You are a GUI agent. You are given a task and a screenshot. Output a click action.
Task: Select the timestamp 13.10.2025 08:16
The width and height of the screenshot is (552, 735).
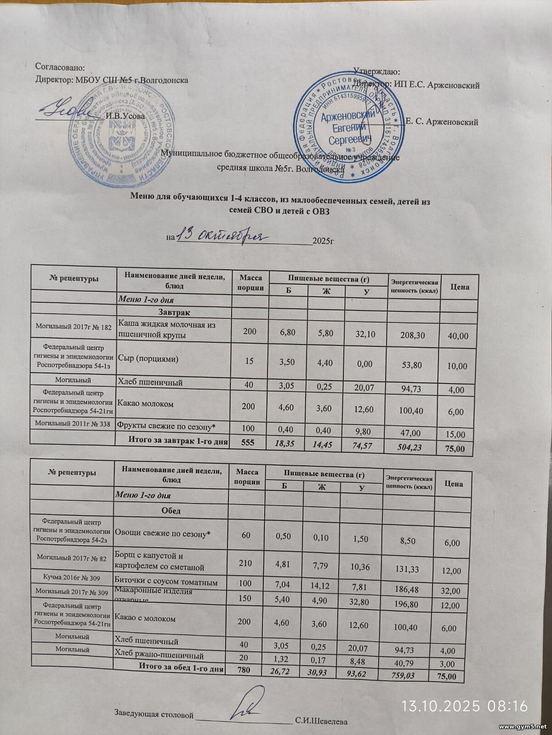pyautogui.click(x=465, y=705)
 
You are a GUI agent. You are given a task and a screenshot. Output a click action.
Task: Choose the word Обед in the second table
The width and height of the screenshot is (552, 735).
pyautogui.click(x=171, y=510)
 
